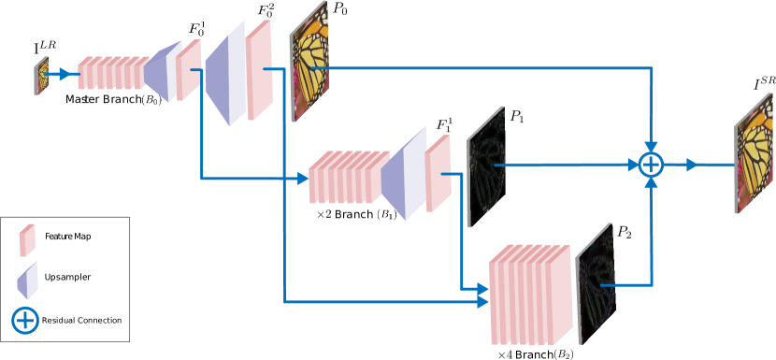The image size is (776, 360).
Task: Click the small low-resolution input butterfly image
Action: [41, 76]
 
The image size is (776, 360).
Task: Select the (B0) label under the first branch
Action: [151, 99]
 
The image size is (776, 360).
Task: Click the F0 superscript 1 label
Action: [196, 28]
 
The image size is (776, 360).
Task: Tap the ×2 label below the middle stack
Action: [324, 213]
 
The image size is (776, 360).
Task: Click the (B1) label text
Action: [385, 214]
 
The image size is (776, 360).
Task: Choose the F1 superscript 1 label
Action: [444, 125]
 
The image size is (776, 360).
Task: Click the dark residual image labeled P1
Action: [486, 166]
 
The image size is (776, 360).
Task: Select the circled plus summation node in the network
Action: [651, 165]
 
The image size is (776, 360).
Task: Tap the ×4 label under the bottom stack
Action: [505, 354]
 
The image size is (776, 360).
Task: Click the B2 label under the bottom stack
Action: [563, 353]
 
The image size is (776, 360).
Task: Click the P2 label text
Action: [623, 231]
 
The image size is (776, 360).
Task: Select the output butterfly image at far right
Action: [754, 152]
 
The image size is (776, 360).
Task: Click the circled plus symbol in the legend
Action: [25, 320]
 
